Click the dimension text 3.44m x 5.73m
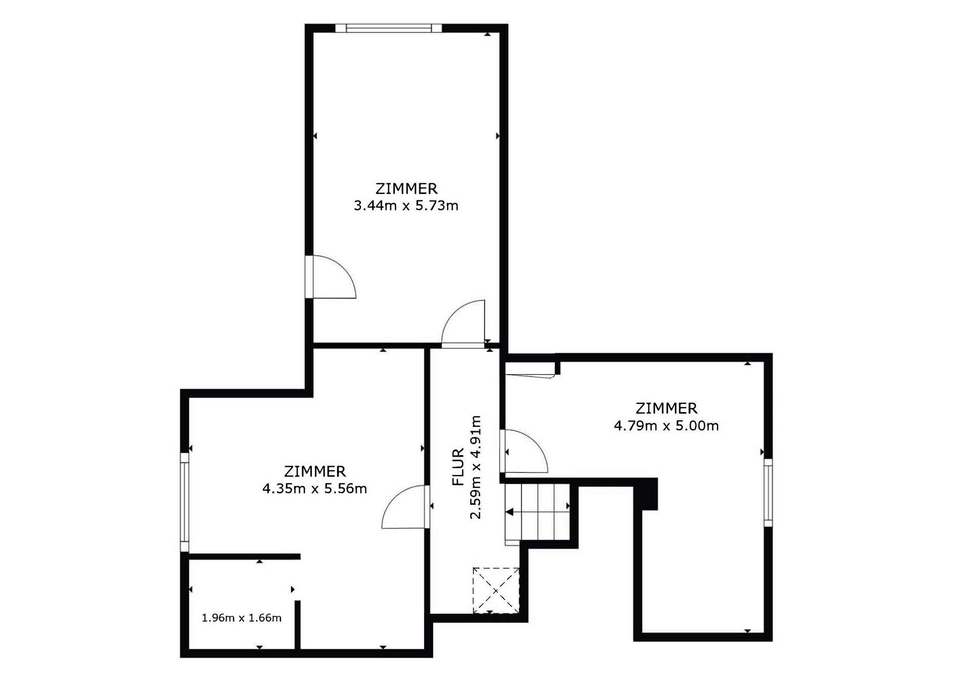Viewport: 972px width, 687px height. [406, 206]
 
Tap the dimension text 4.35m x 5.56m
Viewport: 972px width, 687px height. [314, 489]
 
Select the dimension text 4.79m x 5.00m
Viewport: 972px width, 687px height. [666, 426]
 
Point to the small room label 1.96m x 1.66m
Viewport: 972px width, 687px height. [241, 618]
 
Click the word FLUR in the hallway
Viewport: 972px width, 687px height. [458, 467]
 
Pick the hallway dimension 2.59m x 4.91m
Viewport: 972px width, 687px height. [475, 467]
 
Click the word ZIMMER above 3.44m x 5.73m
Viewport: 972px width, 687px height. [406, 189]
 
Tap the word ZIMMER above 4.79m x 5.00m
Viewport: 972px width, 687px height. [666, 409]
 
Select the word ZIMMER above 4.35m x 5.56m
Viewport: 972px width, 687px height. [314, 471]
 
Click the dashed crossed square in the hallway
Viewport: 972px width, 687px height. [496, 590]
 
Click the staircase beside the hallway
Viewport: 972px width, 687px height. [538, 512]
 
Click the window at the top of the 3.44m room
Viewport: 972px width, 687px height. [388, 28]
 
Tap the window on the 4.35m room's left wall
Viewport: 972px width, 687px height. [185, 502]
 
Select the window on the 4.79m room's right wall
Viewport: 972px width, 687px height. [768, 493]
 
